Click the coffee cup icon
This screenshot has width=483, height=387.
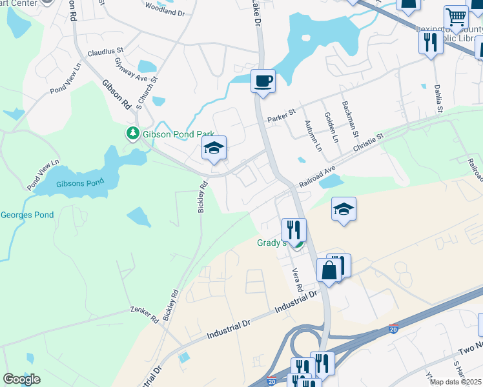(263, 81)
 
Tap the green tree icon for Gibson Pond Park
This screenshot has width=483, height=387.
(132, 134)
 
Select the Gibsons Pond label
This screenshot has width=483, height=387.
(80, 183)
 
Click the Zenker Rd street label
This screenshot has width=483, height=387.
(144, 314)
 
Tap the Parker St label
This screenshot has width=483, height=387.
(281, 116)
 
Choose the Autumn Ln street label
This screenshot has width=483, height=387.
(318, 137)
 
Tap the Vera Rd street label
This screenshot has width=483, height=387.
(298, 280)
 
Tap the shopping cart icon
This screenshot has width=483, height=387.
(456, 17)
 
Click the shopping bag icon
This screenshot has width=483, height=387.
(329, 270)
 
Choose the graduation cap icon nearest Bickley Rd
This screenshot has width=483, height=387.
(214, 148)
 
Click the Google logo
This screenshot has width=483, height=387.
(21, 379)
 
